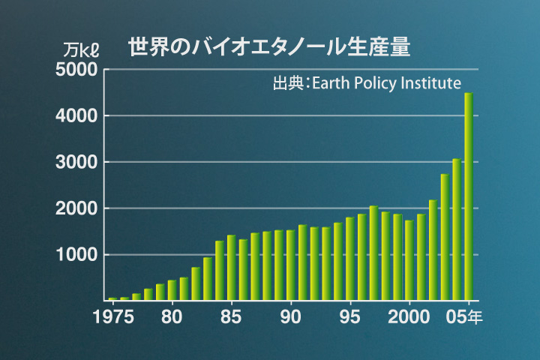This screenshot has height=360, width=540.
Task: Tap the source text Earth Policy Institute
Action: tap(367, 83)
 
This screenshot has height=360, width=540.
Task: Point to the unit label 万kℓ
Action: tap(82, 51)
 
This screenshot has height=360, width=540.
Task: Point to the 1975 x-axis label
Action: tap(113, 316)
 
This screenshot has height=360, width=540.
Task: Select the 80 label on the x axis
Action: tap(172, 316)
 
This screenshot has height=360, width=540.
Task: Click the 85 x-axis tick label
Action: tap(231, 316)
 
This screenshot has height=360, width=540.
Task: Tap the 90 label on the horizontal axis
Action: tap(290, 316)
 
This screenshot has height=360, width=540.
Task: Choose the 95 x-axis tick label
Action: tap(349, 316)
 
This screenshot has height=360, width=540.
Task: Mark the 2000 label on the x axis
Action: tap(409, 316)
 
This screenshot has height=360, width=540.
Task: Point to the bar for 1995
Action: tap(349, 259)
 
